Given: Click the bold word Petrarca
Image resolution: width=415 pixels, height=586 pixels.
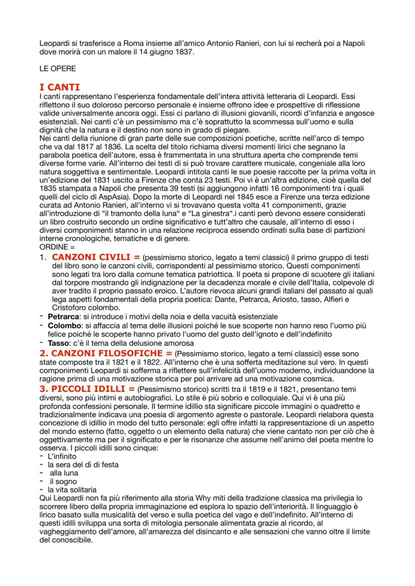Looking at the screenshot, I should (63, 317).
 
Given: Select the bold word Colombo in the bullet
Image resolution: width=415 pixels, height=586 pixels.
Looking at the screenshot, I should (63, 325).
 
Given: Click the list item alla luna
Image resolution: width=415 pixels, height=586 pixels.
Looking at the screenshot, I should (64, 472).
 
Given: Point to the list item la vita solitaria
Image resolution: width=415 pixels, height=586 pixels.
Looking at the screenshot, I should (72, 489).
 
